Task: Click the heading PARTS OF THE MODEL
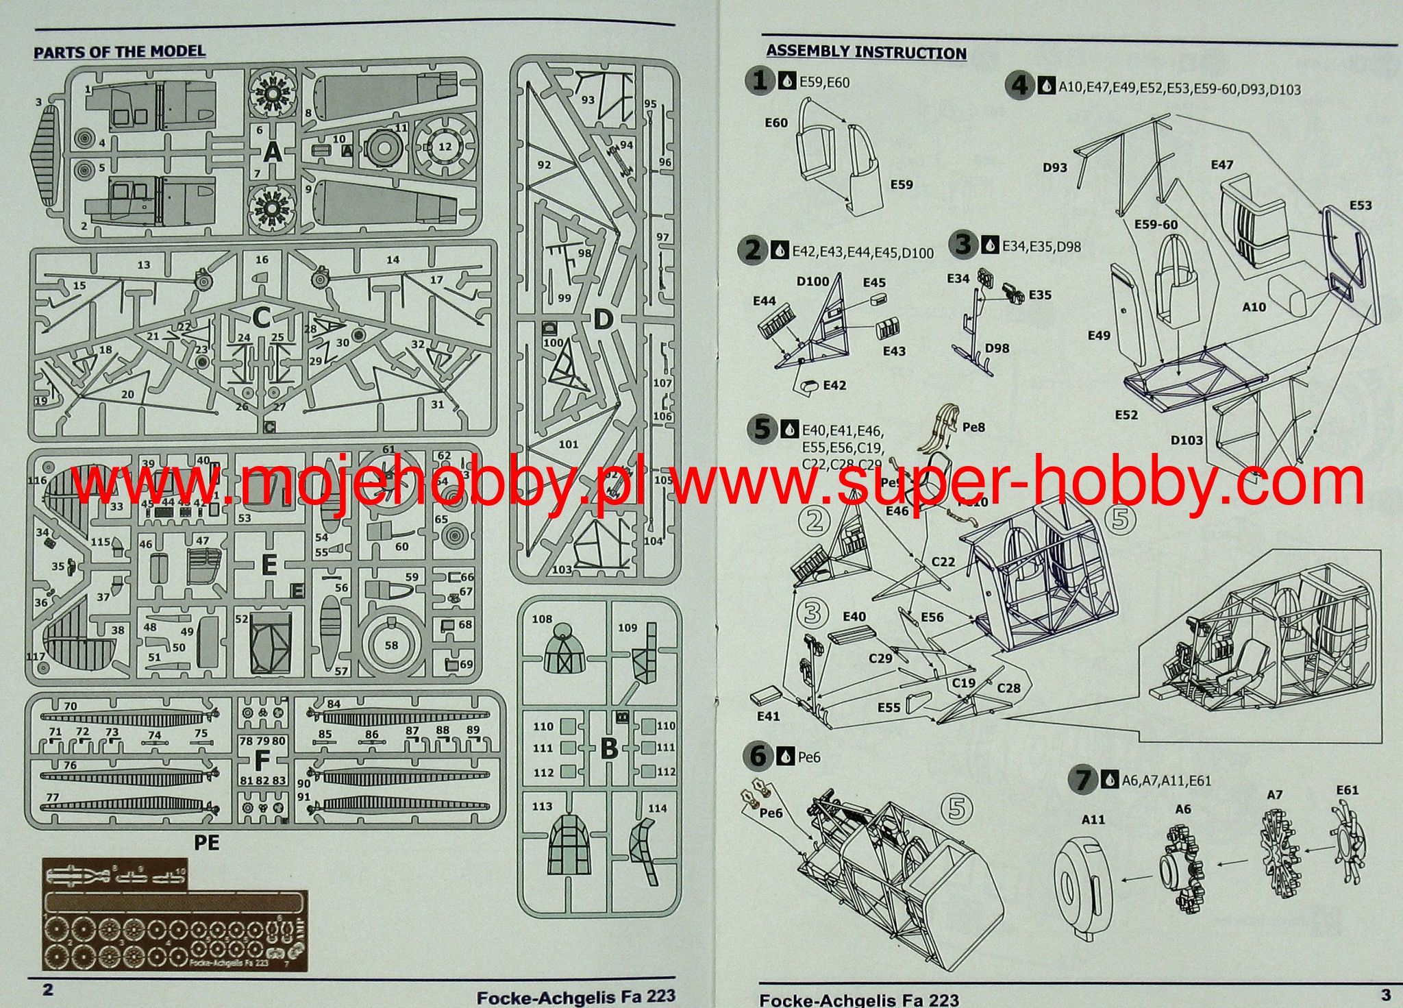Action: pyautogui.click(x=119, y=51)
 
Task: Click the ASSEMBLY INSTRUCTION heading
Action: pyautogui.click(x=866, y=52)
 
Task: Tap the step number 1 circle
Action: pyautogui.click(x=759, y=82)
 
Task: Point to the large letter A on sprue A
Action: pyautogui.click(x=273, y=152)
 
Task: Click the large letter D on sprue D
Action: pyautogui.click(x=602, y=319)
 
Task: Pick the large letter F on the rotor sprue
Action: pyautogui.click(x=262, y=761)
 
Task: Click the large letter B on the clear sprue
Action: pyautogui.click(x=608, y=749)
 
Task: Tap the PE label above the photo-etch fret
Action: pyautogui.click(x=206, y=842)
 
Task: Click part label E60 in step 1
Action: pyautogui.click(x=775, y=123)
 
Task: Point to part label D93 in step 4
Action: pyautogui.click(x=1055, y=167)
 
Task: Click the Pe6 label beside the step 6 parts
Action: pyautogui.click(x=771, y=813)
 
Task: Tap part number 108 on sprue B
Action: pyautogui.click(x=541, y=619)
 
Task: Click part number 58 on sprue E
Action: pyautogui.click(x=391, y=646)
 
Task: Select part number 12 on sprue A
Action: pyautogui.click(x=445, y=146)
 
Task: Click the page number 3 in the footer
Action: pyautogui.click(x=1385, y=994)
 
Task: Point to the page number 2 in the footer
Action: pyautogui.click(x=47, y=989)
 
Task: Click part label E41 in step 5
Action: pyautogui.click(x=768, y=716)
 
